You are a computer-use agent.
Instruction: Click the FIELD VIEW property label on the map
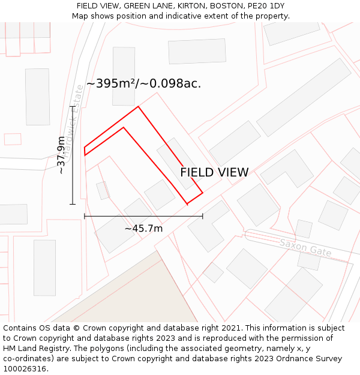point(214,172)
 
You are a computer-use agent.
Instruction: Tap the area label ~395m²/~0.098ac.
point(143,83)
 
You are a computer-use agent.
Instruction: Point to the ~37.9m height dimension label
point(61,155)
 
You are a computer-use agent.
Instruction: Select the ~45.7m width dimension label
point(143,229)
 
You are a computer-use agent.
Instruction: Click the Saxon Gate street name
point(305,247)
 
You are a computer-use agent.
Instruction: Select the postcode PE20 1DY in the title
point(265,6)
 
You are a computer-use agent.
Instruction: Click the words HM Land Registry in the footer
point(36,349)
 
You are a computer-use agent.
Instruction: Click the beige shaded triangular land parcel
point(138,294)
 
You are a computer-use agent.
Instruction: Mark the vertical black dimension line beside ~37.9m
point(73,156)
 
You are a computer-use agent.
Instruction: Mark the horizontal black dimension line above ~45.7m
point(143,215)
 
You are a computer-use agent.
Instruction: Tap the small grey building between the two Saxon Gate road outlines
point(304,229)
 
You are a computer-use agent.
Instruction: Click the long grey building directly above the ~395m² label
point(124,76)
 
